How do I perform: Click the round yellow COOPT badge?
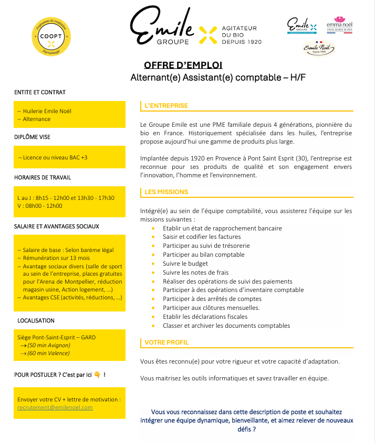click(51, 36)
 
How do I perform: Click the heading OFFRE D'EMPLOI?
click(183, 65)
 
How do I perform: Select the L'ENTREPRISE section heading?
click(166, 106)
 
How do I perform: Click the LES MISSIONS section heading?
click(166, 192)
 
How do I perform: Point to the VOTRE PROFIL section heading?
click(166, 343)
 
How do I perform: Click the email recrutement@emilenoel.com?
click(55, 407)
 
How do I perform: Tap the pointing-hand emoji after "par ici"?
click(97, 375)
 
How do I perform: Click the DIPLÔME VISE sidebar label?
click(33, 137)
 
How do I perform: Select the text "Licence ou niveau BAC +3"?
click(53, 157)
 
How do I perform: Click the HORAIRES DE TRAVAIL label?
click(43, 177)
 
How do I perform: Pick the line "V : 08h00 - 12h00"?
click(40, 206)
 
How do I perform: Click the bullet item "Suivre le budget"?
click(185, 263)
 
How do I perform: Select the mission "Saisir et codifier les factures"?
click(202, 237)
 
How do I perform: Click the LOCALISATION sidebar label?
click(36, 320)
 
